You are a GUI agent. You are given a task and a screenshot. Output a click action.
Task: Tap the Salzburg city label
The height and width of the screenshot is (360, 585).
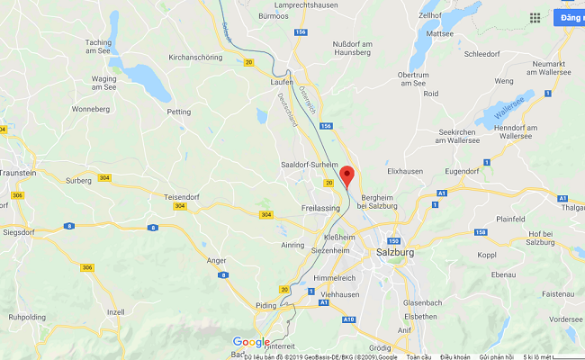[x=392, y=255]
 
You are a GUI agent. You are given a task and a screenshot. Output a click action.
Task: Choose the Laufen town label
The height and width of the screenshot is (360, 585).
[x=282, y=82]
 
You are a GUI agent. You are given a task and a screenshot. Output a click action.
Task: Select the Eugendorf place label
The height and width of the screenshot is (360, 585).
[x=463, y=170]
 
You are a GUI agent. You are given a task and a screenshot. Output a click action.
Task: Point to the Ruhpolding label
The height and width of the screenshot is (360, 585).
[x=27, y=317]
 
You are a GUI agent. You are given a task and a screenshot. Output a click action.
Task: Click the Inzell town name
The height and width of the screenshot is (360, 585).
[x=114, y=311]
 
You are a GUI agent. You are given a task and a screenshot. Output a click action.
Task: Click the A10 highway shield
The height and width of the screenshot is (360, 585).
[x=349, y=319]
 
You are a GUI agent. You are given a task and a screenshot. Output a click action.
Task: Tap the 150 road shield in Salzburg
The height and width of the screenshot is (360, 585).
[x=391, y=240]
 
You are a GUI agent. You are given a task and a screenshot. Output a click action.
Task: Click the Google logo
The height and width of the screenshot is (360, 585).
[x=251, y=342]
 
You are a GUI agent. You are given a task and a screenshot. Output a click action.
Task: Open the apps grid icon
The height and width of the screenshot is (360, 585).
[x=535, y=17]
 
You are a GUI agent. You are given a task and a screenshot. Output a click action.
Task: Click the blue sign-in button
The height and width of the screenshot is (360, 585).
[x=570, y=17]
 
